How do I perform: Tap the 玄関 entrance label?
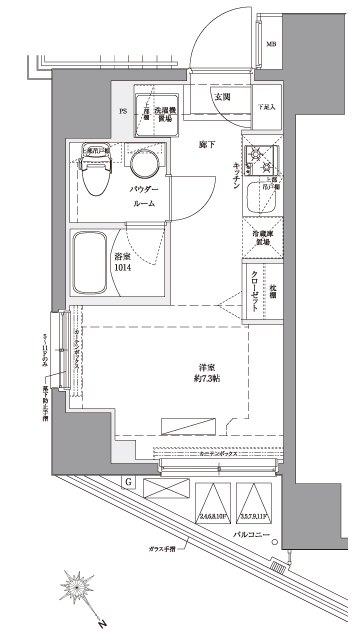coord(222,97)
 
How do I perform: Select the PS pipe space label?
coord(123,111)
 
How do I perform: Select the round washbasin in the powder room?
coord(146,167)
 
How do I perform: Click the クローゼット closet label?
coord(258,292)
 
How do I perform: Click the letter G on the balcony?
coord(129,484)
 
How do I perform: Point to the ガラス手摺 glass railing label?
coord(160,551)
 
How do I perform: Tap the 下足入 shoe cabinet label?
coord(266,106)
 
